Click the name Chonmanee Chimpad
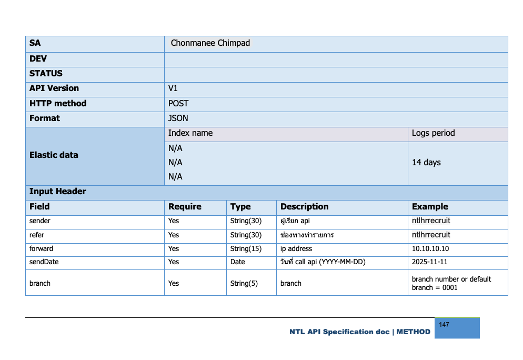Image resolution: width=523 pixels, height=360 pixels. [x=210, y=43]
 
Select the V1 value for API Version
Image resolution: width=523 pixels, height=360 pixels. [x=173, y=88]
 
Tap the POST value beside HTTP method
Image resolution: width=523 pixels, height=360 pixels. [x=178, y=104]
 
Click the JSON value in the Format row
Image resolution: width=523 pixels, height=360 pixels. [x=178, y=118]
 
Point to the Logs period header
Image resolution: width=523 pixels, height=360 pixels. [x=433, y=133]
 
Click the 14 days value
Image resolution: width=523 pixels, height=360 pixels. [x=426, y=163]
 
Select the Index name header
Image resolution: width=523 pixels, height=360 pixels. [x=190, y=133]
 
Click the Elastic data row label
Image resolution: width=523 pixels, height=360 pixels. [x=54, y=155]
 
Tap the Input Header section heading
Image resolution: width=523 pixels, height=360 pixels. [x=57, y=192]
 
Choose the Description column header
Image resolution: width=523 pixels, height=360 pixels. [x=304, y=207]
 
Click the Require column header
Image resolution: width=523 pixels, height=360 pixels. [x=184, y=207]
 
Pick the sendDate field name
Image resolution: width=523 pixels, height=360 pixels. [x=44, y=262]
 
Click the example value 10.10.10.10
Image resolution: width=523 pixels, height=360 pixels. [x=430, y=249]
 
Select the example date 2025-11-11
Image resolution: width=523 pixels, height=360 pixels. [x=429, y=262]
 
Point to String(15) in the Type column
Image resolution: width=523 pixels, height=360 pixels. [x=246, y=249]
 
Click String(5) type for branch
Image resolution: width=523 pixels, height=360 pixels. [x=244, y=284]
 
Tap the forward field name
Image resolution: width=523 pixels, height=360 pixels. [x=41, y=249]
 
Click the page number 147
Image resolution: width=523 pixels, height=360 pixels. [x=444, y=325]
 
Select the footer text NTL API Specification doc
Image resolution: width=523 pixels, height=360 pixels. [x=339, y=332]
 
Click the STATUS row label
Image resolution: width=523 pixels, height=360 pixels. [x=46, y=74]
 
